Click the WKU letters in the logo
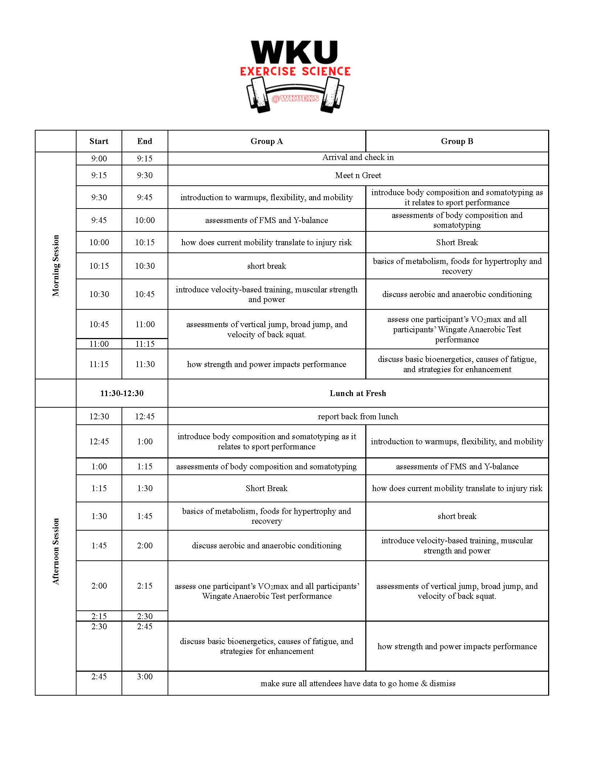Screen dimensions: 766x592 point(295,53)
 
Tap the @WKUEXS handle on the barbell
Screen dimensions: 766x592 point(295,98)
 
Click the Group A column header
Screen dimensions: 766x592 point(267,141)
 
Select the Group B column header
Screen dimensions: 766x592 point(457,141)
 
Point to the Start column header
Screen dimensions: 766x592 point(99,141)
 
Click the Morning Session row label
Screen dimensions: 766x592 point(55,265)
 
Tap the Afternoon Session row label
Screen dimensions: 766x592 point(55,551)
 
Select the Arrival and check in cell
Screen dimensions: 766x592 point(358,157)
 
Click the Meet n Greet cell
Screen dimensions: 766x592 point(358,176)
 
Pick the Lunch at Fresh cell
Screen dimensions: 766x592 point(358,394)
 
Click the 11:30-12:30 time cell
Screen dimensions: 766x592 point(122,394)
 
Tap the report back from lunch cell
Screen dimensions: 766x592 point(358,416)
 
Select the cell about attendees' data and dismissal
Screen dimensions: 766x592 point(358,684)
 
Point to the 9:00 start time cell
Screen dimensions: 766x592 point(99,158)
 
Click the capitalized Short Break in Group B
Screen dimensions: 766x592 point(457,242)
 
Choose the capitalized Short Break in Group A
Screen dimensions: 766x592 point(267,489)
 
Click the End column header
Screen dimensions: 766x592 point(145,141)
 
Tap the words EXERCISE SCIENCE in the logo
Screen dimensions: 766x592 point(295,71)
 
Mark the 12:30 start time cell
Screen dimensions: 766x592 point(99,416)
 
